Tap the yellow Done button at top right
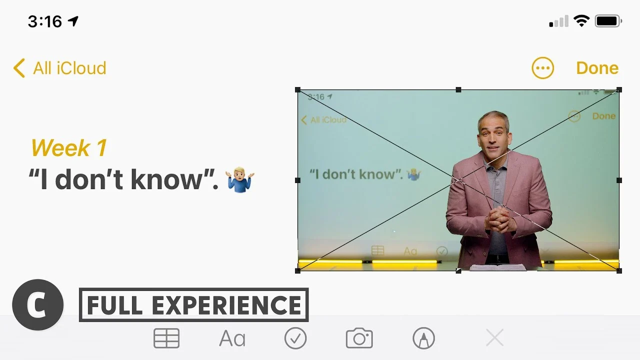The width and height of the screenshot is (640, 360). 597,68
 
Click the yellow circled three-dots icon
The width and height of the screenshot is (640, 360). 542,68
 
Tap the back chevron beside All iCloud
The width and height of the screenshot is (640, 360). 19,68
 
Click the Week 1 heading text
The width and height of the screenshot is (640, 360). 69,147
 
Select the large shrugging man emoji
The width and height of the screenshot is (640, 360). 239,179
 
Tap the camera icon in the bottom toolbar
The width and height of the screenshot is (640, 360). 359,338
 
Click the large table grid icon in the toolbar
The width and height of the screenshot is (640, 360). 166,338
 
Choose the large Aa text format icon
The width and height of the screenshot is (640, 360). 232,338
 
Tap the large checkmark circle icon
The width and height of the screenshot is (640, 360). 295,338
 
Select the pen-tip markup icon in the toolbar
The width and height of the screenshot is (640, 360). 423,338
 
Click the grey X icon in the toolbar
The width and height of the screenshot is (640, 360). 494,337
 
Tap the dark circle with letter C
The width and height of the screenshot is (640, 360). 37,305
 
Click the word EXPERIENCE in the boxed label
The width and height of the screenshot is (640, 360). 226,305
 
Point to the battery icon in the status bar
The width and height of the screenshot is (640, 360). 608,21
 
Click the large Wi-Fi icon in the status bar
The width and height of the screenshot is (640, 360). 581,21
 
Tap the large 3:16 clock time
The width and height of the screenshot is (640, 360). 45,21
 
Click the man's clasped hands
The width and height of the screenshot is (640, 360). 500,218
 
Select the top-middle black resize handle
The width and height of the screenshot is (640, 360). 458,89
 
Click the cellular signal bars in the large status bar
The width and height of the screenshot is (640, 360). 558,21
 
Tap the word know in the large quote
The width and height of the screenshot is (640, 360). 166,179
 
